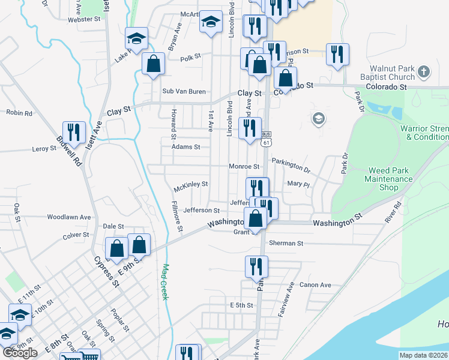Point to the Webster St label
(84, 19)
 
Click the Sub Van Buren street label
(184, 91)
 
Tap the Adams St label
(185, 146)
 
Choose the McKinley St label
(190, 184)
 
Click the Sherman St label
(286, 244)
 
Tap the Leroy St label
(44, 148)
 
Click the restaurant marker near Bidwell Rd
(74, 132)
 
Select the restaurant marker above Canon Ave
(257, 266)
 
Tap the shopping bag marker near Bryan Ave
(154, 64)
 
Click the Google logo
(20, 353)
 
